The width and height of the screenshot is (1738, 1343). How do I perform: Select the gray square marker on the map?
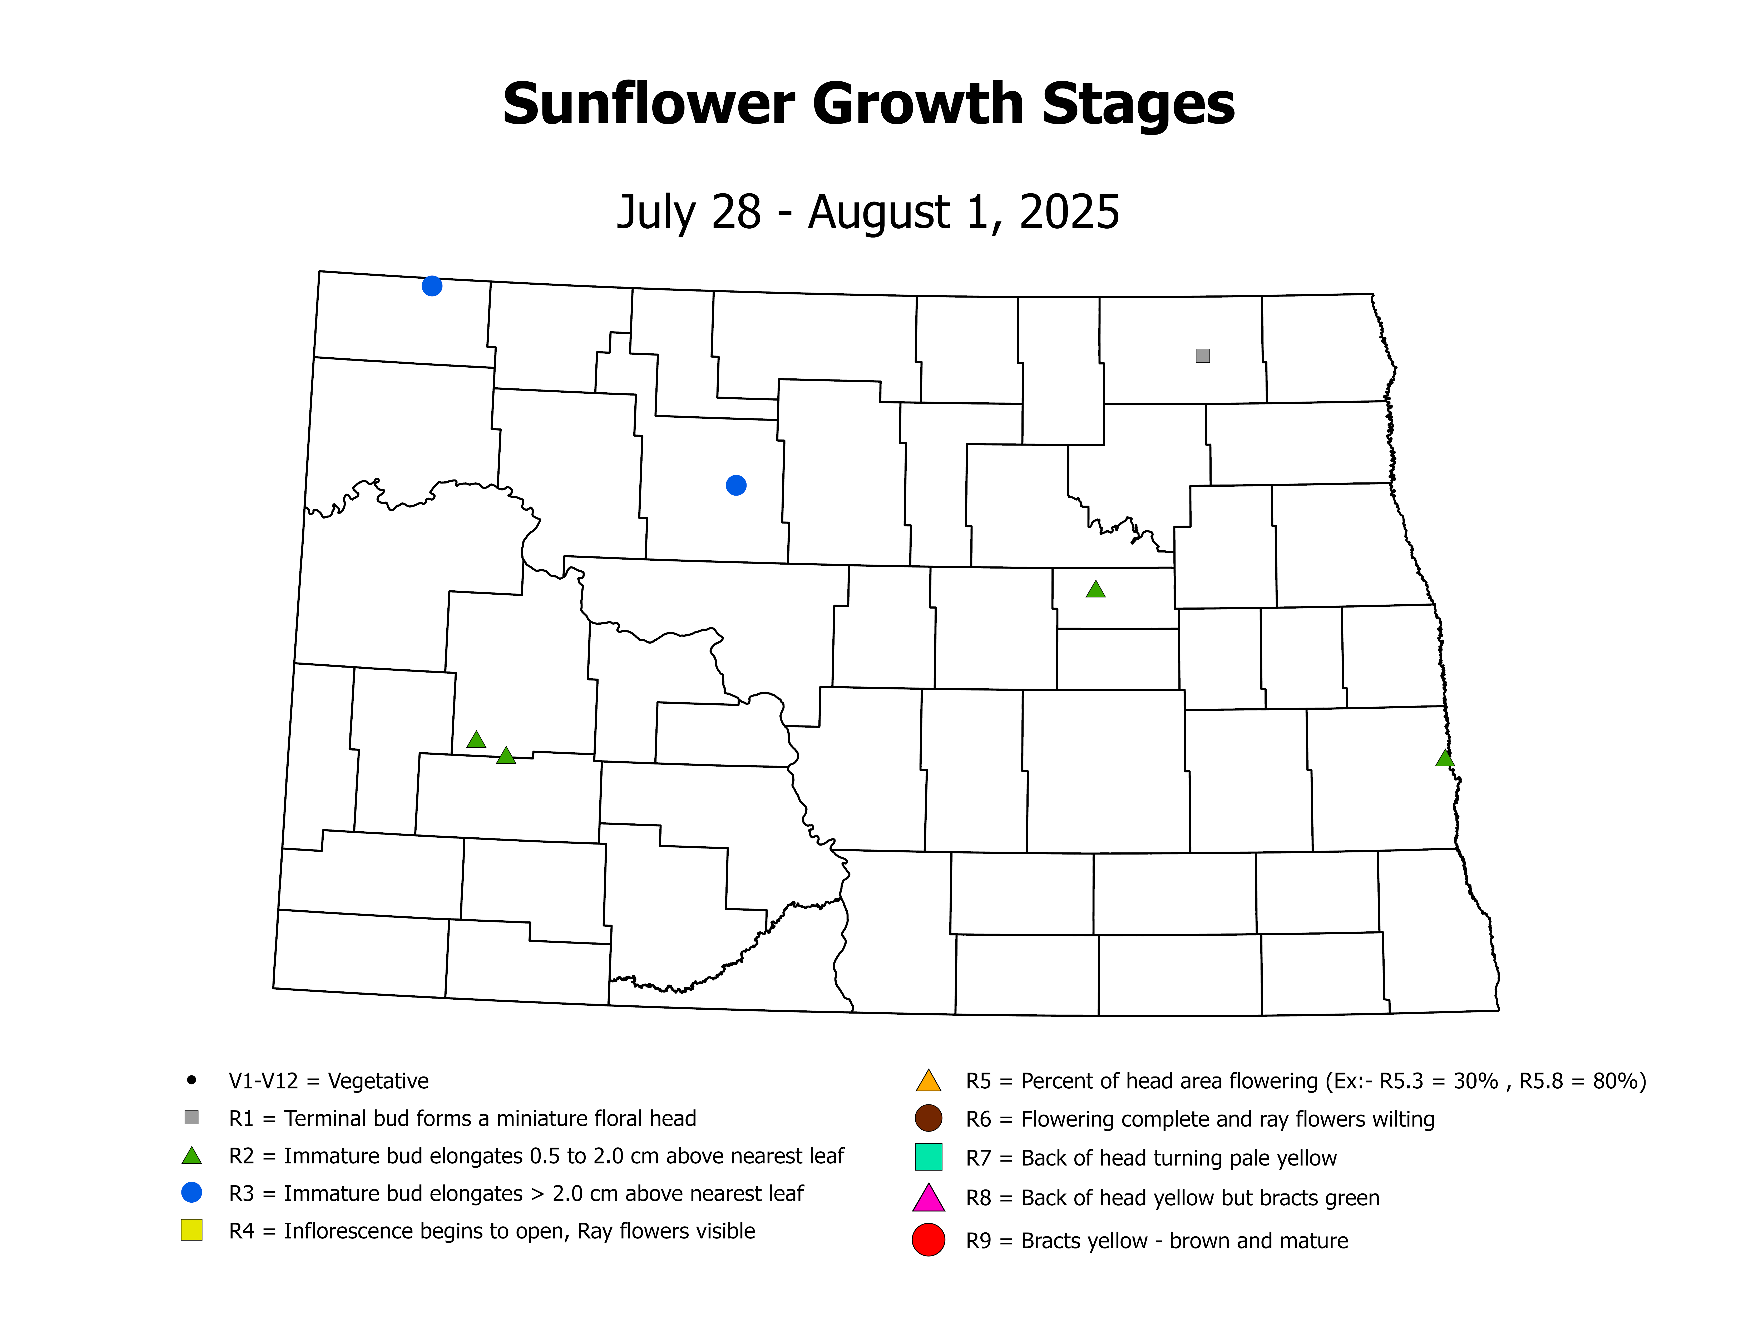point(1202,356)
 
